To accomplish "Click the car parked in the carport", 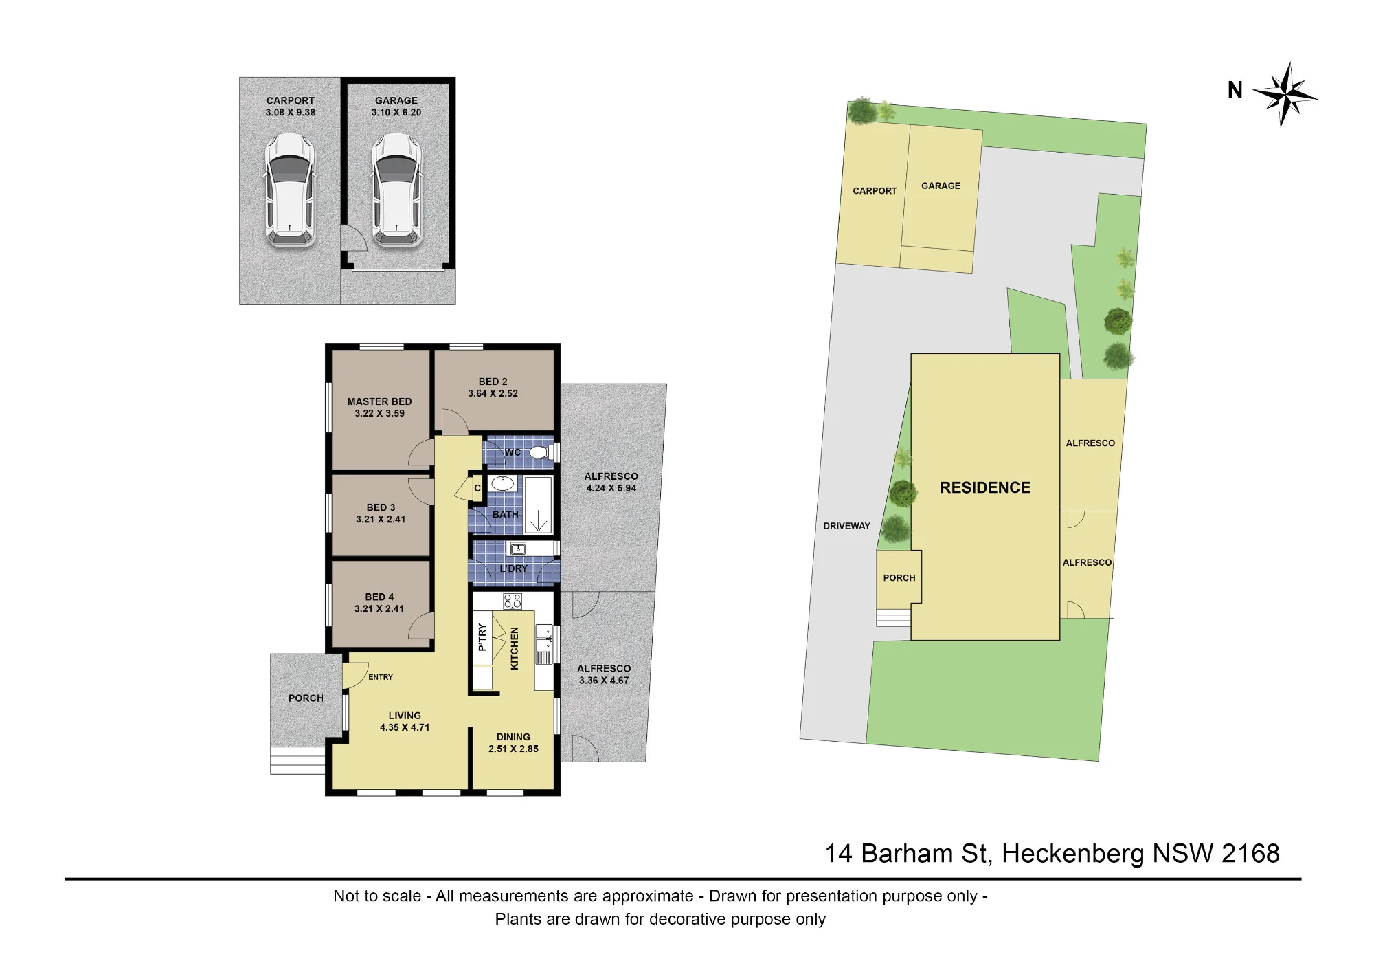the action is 291,190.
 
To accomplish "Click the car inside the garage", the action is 396,190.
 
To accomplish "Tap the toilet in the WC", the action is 539,452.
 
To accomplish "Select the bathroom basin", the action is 504,483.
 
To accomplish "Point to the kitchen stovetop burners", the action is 513,601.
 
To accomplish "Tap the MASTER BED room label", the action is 380,401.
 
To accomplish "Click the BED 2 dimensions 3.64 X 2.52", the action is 493,393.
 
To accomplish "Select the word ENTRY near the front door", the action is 381,677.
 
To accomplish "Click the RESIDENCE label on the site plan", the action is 985,487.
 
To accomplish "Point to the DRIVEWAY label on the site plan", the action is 847,526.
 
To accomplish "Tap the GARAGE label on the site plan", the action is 941,186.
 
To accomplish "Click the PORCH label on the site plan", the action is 899,578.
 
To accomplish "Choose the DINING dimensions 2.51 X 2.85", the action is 514,749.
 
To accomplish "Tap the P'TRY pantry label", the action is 482,637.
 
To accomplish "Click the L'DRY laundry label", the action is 514,568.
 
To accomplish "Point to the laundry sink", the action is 517,549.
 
